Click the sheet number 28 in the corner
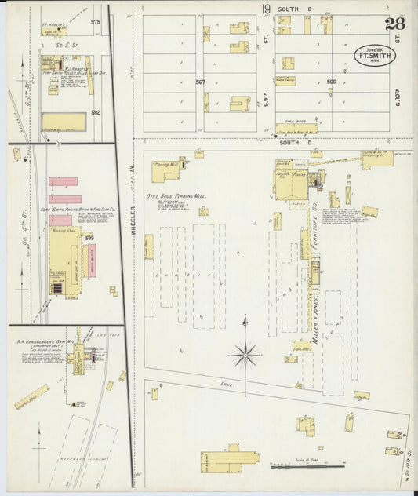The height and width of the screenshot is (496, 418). point(395,24)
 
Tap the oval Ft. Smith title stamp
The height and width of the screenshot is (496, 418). point(374,57)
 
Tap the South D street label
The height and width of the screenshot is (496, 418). point(290,143)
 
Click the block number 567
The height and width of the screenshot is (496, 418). point(200,82)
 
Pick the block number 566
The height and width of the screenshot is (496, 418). point(331,82)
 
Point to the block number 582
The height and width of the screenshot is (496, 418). point(95,112)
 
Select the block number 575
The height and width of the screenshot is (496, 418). point(95,22)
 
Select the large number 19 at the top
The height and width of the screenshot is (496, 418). point(267,9)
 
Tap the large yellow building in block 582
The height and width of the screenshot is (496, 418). point(64,122)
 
